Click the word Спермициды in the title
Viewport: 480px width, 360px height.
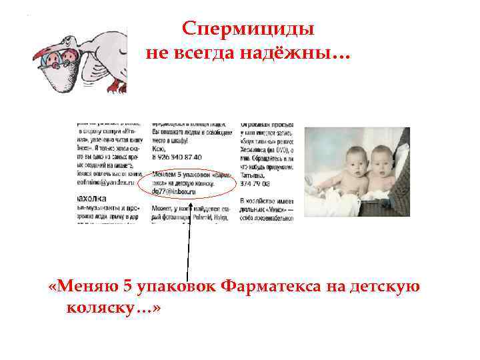click(x=248, y=29)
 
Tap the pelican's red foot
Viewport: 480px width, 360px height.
click(x=118, y=85)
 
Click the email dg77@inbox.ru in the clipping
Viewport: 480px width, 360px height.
click(x=174, y=191)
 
